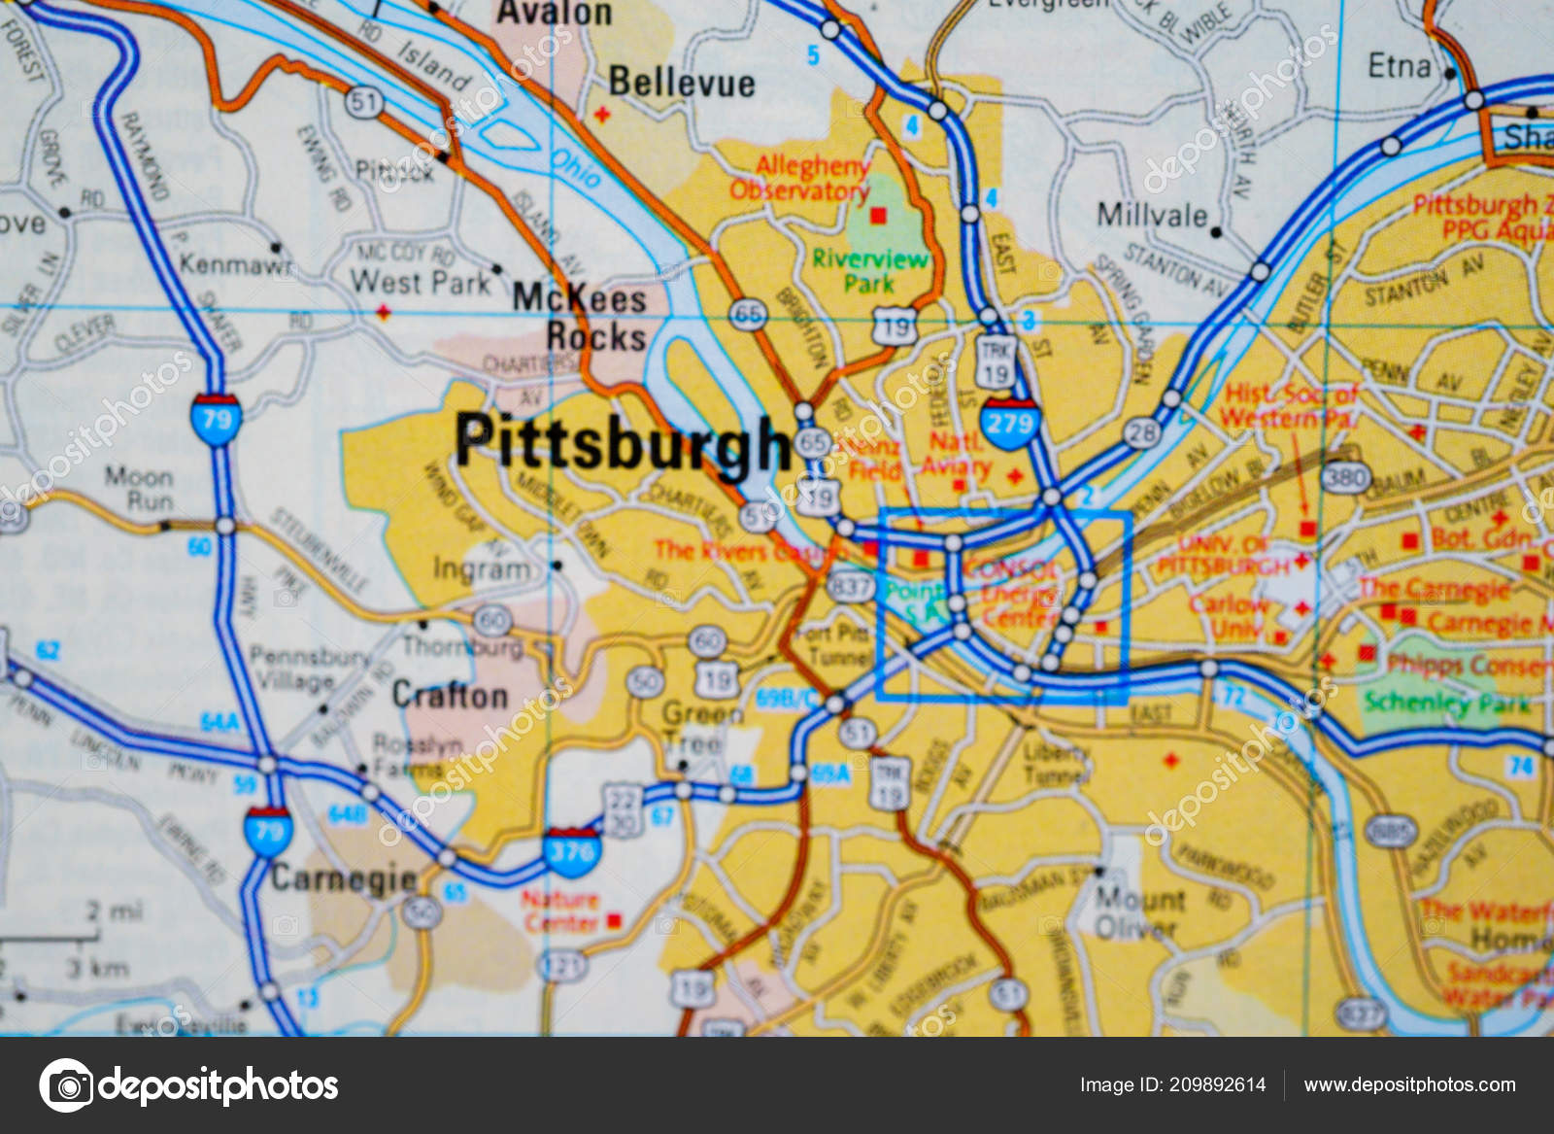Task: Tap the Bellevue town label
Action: point(681,83)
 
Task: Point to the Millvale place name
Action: point(1152,215)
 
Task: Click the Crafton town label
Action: point(450,695)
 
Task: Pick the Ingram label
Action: point(482,568)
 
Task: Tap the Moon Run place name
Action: point(139,489)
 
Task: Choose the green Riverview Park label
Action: point(869,271)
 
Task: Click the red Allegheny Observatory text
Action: point(799,178)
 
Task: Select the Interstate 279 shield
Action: point(1009,423)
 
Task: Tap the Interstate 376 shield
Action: point(571,852)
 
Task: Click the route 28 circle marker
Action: point(1142,432)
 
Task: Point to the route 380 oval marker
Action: point(1345,476)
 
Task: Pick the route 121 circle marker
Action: point(563,965)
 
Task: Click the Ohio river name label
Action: point(576,169)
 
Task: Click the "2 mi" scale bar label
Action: point(114,911)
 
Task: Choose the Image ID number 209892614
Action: point(1217,1084)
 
